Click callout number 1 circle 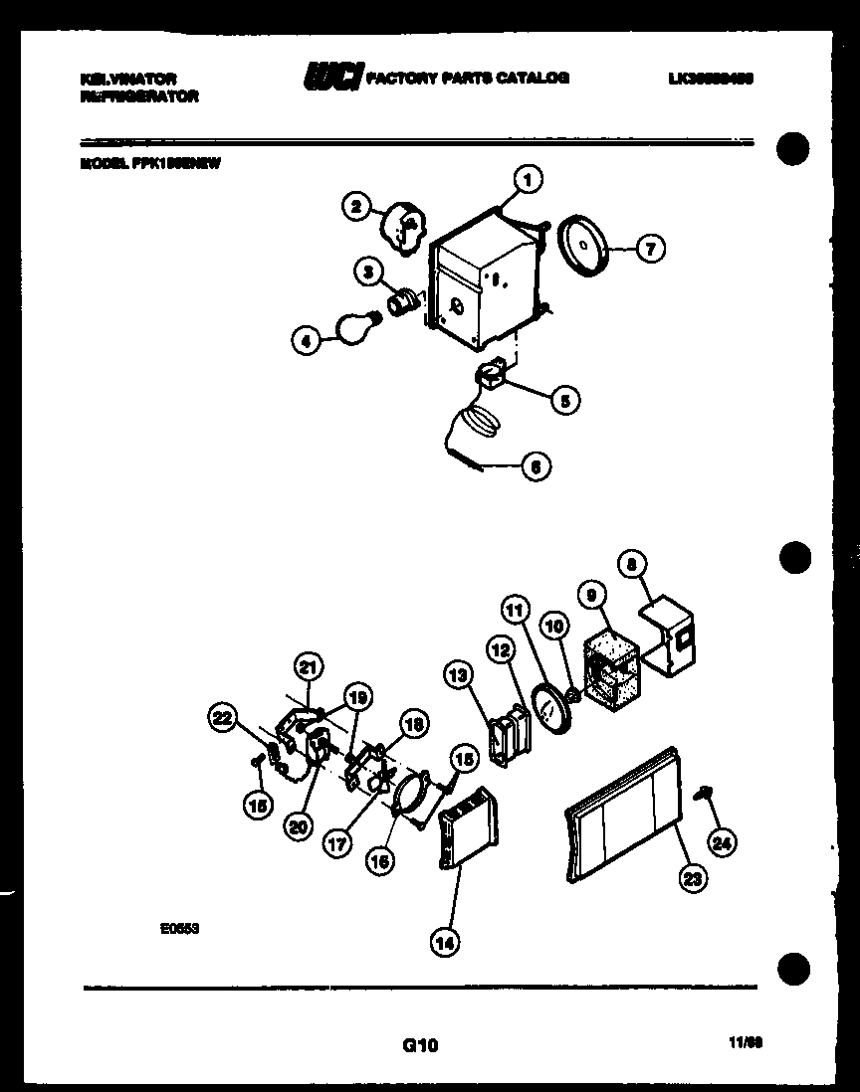click(x=527, y=180)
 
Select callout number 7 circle click(x=650, y=249)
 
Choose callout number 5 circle click(x=565, y=401)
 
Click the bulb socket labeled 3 click(x=403, y=299)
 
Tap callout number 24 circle click(x=722, y=843)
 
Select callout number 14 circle click(x=446, y=942)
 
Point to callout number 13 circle click(x=458, y=676)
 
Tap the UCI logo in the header click(x=333, y=77)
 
